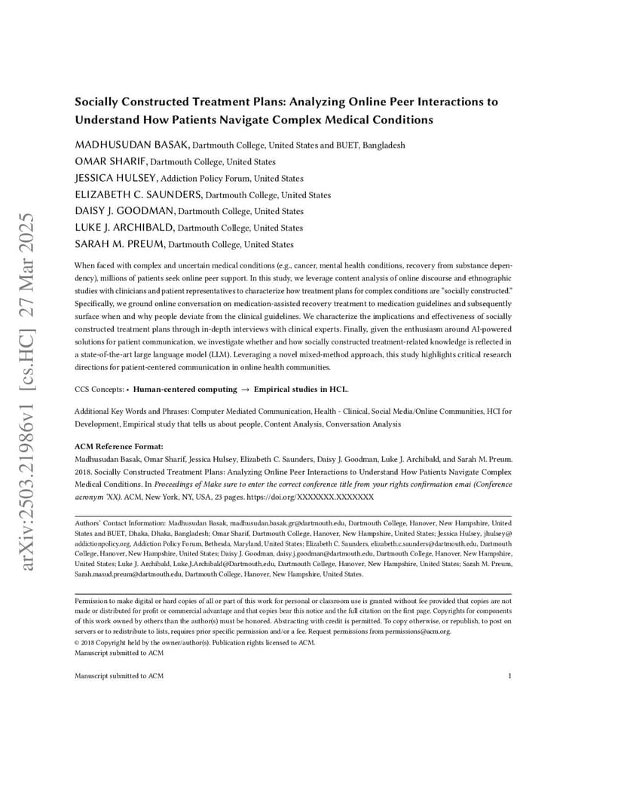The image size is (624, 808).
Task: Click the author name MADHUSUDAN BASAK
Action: (x=132, y=145)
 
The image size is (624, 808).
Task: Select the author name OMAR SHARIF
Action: (x=111, y=161)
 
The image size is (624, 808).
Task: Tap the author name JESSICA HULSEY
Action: (x=116, y=178)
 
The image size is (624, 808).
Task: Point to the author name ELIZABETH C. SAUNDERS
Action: (x=139, y=194)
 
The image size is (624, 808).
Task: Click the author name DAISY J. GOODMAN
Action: (x=124, y=211)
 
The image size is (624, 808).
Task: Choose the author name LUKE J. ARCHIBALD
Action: (x=124, y=228)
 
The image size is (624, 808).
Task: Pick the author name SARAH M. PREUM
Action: (x=119, y=244)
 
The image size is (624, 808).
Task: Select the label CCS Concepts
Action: (x=99, y=390)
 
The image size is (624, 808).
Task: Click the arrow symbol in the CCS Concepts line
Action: (x=245, y=390)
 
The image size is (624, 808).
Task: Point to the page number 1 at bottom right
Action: (x=509, y=676)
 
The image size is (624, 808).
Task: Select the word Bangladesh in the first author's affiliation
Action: (x=384, y=145)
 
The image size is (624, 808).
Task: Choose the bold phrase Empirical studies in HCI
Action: (x=300, y=390)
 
